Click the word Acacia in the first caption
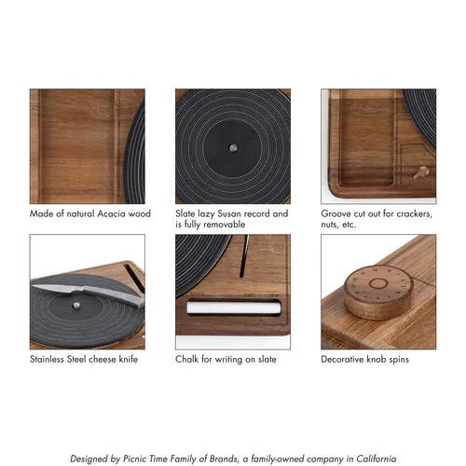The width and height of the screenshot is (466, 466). click(111, 213)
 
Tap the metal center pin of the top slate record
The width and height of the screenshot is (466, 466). click(233, 147)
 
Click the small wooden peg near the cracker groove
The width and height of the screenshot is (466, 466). click(421, 172)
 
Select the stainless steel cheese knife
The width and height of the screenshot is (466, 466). click(88, 294)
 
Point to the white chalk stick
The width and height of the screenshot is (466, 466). click(234, 308)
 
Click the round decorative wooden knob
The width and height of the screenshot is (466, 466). click(378, 292)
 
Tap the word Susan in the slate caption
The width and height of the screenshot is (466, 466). click(229, 213)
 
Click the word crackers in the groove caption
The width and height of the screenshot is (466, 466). click(414, 214)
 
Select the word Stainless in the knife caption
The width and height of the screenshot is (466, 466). click(47, 359)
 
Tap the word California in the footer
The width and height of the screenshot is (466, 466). click(377, 459)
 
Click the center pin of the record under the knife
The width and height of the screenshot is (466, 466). click(75, 306)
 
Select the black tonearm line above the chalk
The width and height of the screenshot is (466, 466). click(244, 255)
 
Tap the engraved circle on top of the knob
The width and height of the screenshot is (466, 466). click(378, 283)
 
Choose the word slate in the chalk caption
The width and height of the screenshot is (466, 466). click(267, 359)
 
